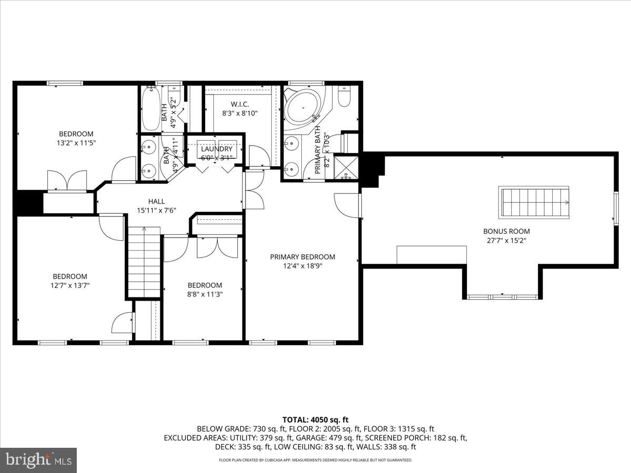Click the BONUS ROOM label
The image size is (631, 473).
tap(506, 231)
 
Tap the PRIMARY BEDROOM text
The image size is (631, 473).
tap(302, 257)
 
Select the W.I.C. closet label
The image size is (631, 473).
tap(240, 104)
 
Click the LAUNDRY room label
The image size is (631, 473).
tap(216, 149)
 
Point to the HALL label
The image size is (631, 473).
tap(156, 201)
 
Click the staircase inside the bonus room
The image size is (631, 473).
tap(534, 201)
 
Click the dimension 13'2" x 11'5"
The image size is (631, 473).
tap(76, 142)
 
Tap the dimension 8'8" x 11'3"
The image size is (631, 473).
tap(205, 294)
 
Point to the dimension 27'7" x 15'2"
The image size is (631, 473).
tap(506, 240)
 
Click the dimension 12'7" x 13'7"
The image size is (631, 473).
tap(69, 285)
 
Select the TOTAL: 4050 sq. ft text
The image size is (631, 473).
tap(315, 419)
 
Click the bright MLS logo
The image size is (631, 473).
tap(38, 460)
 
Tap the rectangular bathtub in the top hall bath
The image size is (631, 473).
tap(150, 108)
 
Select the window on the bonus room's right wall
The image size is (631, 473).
tap(615, 209)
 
